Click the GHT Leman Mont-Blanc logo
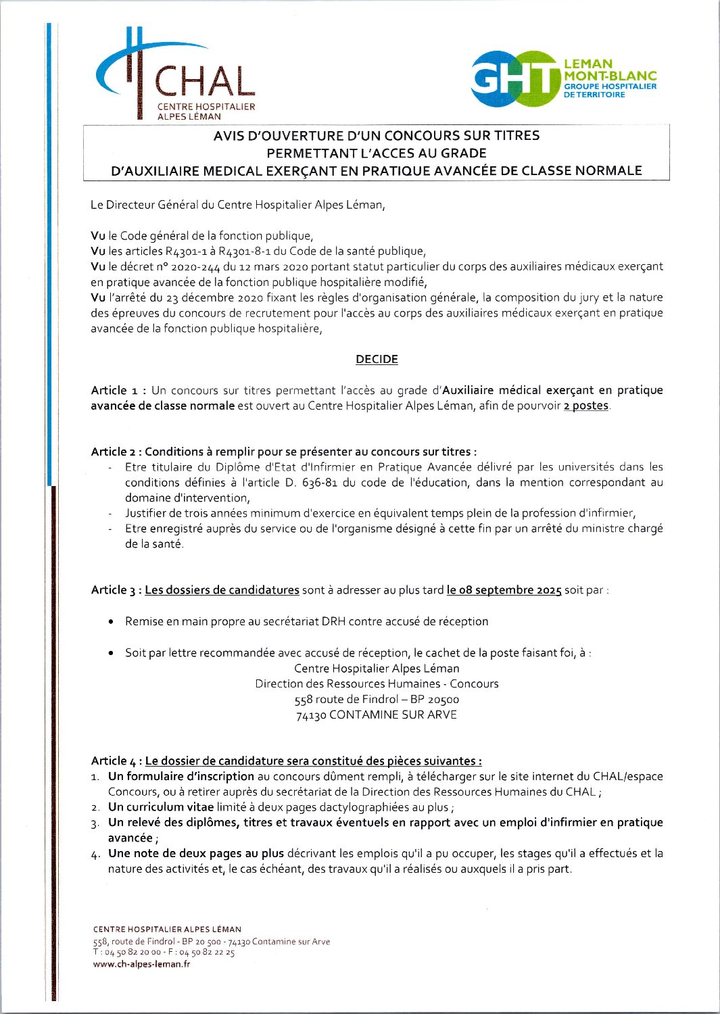pos(562,79)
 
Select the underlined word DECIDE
pos(377,360)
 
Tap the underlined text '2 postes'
pos(586,406)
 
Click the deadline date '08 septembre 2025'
pos(504,590)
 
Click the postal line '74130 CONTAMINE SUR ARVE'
pos(377,715)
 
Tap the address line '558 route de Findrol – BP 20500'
pos(377,700)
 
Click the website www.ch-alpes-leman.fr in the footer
pos(141,965)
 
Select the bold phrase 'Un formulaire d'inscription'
pos(181,777)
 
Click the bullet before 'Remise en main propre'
pos(111,622)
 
